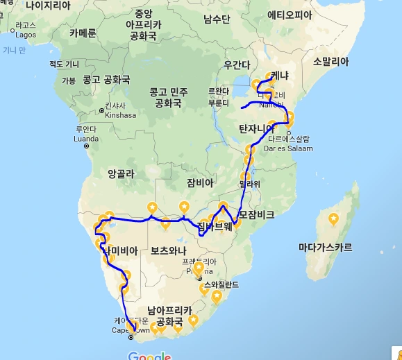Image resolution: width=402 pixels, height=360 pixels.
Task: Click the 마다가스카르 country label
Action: pos(325,247)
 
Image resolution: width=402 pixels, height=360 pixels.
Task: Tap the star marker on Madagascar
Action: pos(334,219)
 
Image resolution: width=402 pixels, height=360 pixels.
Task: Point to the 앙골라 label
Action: pos(121,175)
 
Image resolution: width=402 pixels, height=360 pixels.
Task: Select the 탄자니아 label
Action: pos(258,129)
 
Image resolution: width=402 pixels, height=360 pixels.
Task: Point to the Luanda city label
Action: pos(87,137)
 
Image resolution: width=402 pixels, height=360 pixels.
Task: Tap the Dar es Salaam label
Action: pos(292,148)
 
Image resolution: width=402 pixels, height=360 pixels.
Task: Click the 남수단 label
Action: pos(217,19)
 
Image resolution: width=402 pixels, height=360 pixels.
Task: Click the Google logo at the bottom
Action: pos(149,356)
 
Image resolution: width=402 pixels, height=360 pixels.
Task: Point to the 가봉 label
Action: pos(69,80)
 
